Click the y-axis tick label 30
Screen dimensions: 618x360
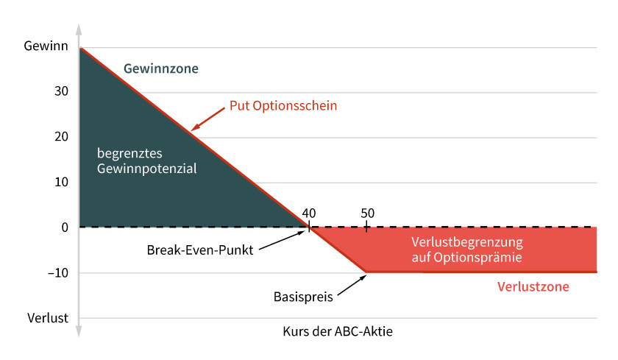pyautogui.click(x=61, y=91)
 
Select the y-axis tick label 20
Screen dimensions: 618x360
pyautogui.click(x=61, y=136)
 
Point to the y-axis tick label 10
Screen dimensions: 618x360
pyautogui.click(x=61, y=182)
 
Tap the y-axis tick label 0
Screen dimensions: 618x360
pyautogui.click(x=65, y=227)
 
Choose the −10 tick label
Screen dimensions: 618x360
pyautogui.click(x=58, y=273)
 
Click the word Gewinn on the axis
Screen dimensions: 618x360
pyautogui.click(x=46, y=46)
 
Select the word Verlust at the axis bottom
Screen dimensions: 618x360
pyautogui.click(x=48, y=318)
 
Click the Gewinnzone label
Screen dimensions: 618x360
pyautogui.click(x=161, y=68)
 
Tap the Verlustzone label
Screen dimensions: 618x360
pyautogui.click(x=533, y=286)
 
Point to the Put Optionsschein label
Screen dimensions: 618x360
pyautogui.click(x=283, y=106)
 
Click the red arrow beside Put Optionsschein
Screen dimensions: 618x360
pyautogui.click(x=207, y=119)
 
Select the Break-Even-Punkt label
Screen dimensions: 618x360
pyautogui.click(x=200, y=250)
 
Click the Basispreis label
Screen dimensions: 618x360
pyautogui.click(x=303, y=297)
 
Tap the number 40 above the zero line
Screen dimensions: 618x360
pyautogui.click(x=309, y=213)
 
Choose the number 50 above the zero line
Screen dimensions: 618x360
pyautogui.click(x=367, y=213)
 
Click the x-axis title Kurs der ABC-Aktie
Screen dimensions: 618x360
pyautogui.click(x=338, y=331)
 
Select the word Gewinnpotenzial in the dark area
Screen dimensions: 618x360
pyautogui.click(x=146, y=169)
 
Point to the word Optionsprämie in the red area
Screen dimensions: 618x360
pyautogui.click(x=477, y=258)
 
